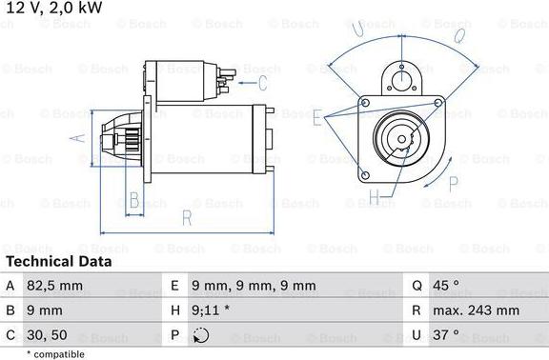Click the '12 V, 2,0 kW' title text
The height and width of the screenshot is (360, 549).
(54, 9)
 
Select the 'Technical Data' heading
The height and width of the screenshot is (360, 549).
(58, 261)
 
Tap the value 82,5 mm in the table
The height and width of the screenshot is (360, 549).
(57, 286)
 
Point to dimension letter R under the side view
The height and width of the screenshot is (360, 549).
(188, 218)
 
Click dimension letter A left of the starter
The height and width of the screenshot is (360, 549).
(79, 139)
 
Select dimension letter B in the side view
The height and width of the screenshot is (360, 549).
(134, 200)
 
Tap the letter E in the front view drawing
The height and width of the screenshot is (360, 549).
(317, 118)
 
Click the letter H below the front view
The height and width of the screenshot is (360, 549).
(375, 198)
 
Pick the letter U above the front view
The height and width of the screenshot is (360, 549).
(358, 31)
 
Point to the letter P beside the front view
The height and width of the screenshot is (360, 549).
(452, 158)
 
